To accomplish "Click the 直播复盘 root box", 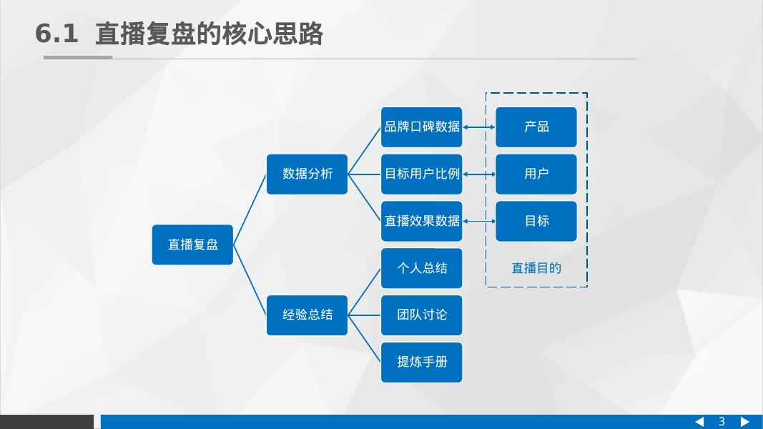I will pos(192,245).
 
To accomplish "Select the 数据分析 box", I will pos(307,174).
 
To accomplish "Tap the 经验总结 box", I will pos(307,315).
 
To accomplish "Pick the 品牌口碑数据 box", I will pos(421,127).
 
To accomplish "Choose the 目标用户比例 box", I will pos(421,174).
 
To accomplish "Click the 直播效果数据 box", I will pos(421,221).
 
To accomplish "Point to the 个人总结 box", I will pos(421,268).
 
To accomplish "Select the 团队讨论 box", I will pos(421,315).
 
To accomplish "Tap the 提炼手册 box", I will pos(421,362).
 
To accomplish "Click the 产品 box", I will pos(536,127).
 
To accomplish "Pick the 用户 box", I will pos(536,174).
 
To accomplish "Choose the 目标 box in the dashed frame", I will pos(536,221).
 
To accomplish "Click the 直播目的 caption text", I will pos(536,268).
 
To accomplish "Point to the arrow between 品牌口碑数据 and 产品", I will pos(479,127).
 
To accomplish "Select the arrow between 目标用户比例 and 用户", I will pos(479,174).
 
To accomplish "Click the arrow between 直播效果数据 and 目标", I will pos(479,221).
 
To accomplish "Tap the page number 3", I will pos(722,422).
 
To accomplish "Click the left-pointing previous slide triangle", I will pos(699,422).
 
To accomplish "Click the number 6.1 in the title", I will pos(56,34).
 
